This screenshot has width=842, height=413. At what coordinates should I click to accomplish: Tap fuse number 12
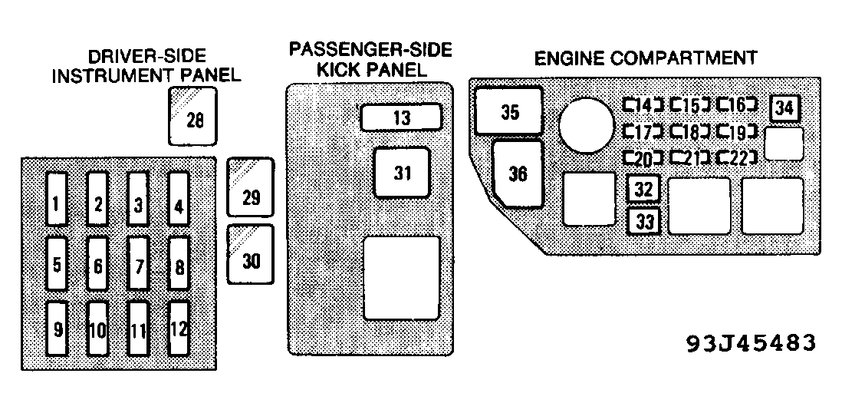179,329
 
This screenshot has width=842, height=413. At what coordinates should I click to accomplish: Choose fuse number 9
56,329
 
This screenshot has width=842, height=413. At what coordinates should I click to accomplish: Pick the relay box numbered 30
251,254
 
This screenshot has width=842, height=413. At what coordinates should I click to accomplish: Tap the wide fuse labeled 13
402,117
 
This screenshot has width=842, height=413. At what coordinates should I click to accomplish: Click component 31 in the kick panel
402,173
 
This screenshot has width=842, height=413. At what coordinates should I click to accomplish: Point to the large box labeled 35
509,112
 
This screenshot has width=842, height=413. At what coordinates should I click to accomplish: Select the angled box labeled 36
518,173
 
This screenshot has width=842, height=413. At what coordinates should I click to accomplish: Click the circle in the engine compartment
586,127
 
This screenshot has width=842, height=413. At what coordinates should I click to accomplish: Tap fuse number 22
737,158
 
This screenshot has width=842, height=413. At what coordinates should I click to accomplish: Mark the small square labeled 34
784,108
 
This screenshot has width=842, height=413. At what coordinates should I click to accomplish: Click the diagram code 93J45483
750,343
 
